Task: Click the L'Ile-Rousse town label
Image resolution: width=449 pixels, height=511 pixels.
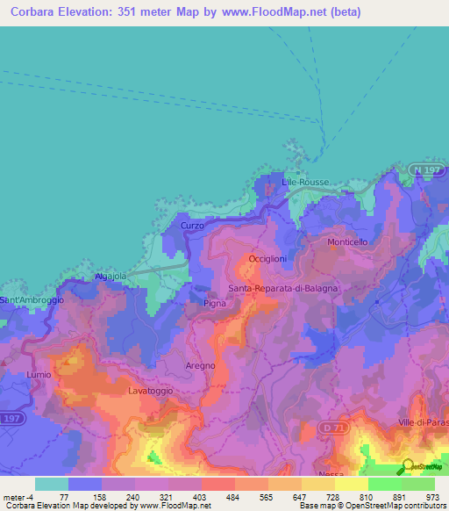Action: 305,182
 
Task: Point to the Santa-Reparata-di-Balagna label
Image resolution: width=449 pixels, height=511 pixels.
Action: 282,288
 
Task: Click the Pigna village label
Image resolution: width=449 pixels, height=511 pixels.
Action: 214,303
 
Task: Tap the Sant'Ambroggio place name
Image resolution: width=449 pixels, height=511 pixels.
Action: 32,300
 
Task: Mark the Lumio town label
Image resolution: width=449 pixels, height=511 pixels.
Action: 39,374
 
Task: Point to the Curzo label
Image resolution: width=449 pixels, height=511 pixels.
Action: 192,226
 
